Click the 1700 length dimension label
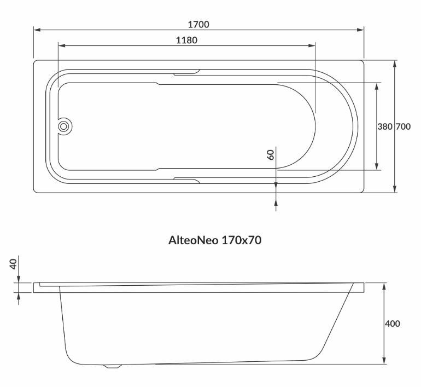[x=198, y=25]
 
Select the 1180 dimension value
[x=186, y=41]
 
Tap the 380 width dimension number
[x=385, y=126]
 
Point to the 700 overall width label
[x=403, y=126]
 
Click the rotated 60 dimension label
[x=271, y=154]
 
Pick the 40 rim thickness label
[x=13, y=264]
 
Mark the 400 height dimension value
[x=392, y=324]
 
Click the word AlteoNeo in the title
[x=194, y=240]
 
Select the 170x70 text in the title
[x=241, y=240]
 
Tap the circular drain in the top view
[x=64, y=126]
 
